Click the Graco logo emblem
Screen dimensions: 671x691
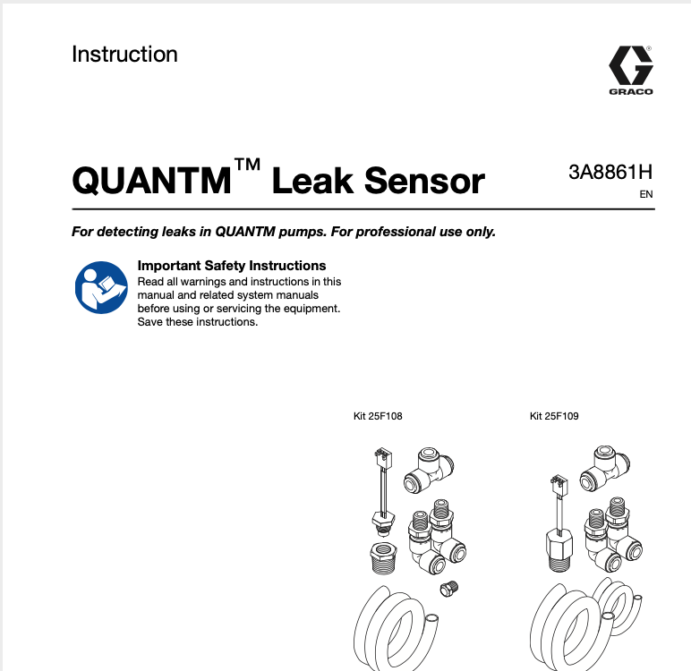click(x=630, y=66)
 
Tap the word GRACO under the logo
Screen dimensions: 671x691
click(x=630, y=91)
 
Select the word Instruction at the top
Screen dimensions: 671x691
click(x=124, y=54)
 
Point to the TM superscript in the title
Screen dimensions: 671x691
click(x=247, y=166)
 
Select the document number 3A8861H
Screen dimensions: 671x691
click(x=610, y=173)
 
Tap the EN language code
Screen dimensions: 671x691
click(x=646, y=194)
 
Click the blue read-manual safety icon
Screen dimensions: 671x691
click(x=99, y=287)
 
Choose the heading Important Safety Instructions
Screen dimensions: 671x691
click(x=231, y=266)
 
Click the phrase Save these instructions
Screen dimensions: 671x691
click(x=197, y=322)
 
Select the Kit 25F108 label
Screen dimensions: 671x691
click(x=379, y=416)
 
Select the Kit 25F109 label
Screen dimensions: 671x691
click(x=554, y=416)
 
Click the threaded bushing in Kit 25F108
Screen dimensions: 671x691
click(x=383, y=558)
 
